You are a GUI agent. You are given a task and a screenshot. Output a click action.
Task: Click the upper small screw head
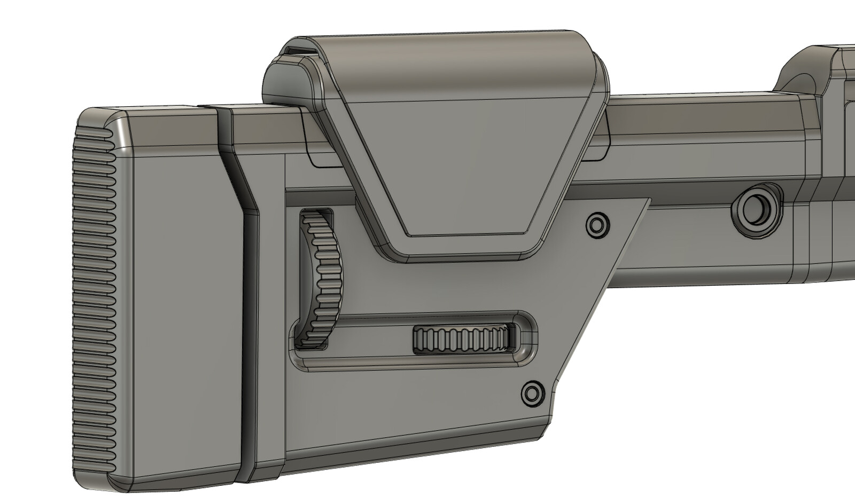click(x=597, y=226)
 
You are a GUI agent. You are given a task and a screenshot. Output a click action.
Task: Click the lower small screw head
click(x=532, y=394)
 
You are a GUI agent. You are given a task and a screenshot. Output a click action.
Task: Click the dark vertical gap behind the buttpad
click(x=247, y=342)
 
